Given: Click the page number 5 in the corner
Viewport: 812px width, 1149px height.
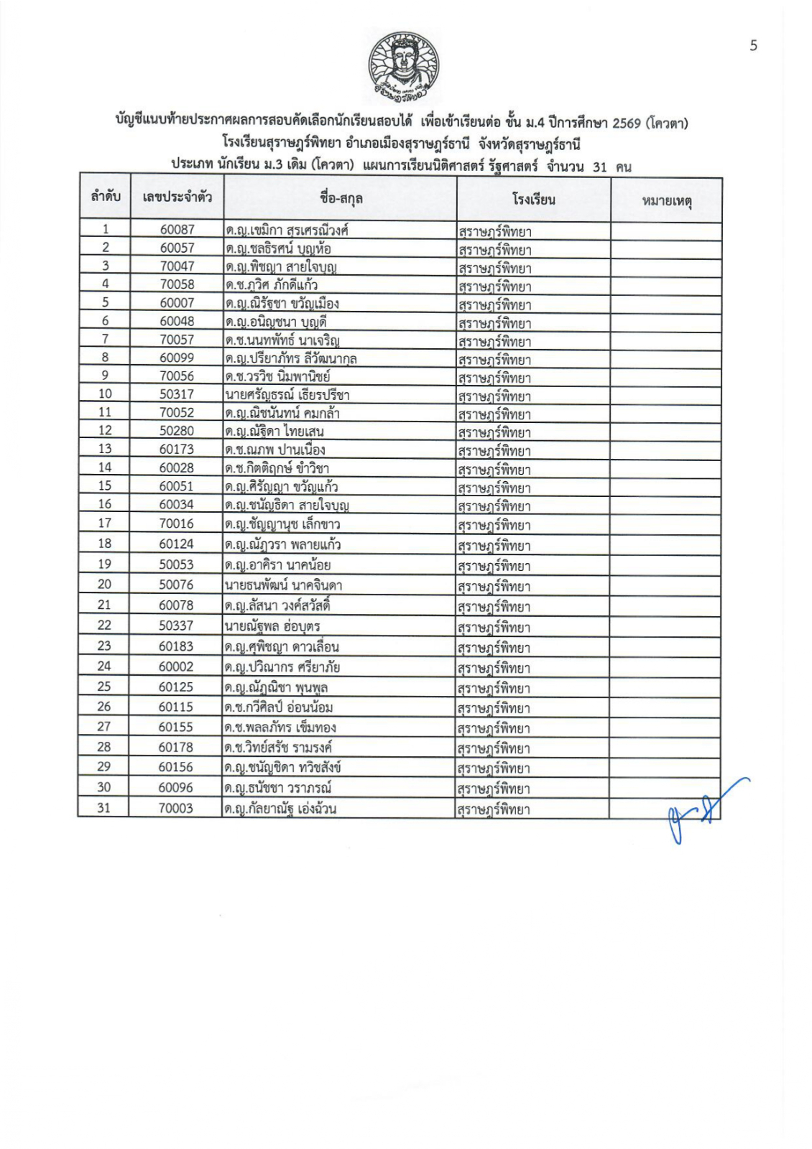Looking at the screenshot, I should [x=753, y=46].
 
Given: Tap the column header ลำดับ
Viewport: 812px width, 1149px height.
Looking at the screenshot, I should [x=105, y=196].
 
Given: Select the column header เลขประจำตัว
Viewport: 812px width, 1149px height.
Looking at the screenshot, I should [x=177, y=197].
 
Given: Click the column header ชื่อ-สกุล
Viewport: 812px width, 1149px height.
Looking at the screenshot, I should [x=341, y=197].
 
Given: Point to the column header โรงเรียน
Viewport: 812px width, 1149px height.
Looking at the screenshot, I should [x=533, y=199].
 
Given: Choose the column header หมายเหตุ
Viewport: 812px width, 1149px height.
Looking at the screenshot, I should [x=666, y=200].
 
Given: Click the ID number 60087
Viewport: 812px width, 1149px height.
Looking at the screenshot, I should [x=177, y=230].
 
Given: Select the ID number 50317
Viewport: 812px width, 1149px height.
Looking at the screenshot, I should [x=177, y=394].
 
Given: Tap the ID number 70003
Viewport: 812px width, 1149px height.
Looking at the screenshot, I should [x=176, y=808].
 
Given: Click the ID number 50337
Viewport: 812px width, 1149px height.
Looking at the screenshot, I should [x=176, y=625].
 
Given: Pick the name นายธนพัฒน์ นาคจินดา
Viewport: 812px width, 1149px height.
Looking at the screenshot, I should [x=283, y=585].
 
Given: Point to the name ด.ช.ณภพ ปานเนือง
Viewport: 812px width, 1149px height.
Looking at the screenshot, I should [x=274, y=450].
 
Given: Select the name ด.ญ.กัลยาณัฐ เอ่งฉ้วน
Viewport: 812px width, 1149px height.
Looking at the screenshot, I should [x=280, y=809].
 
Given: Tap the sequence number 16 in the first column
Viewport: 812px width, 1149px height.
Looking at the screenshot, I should [x=105, y=504].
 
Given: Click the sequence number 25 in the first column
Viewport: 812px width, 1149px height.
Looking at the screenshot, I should [x=104, y=687].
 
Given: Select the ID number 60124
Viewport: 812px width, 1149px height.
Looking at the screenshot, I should [x=176, y=544].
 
